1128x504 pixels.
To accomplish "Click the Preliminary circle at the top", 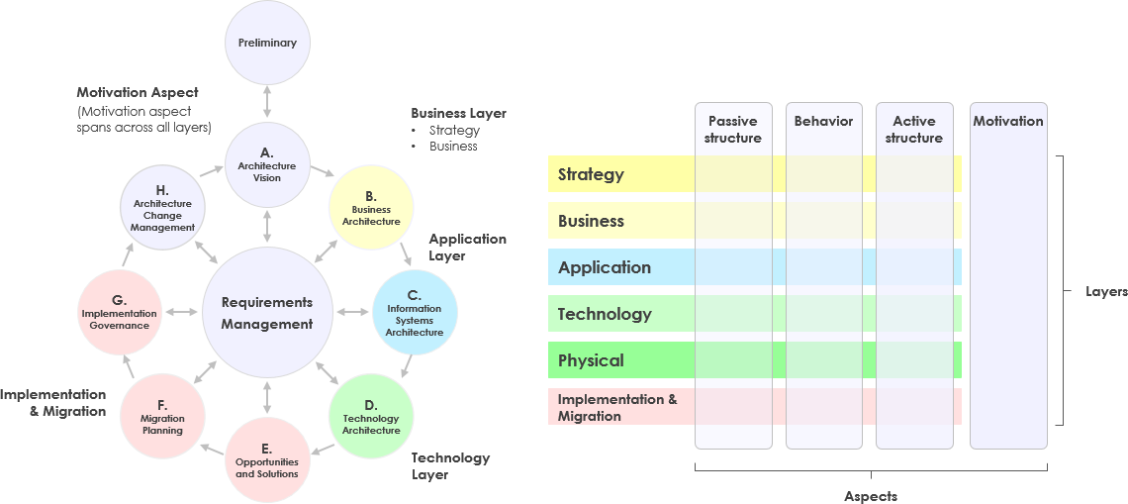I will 267,43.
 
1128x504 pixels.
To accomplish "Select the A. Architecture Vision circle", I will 267,164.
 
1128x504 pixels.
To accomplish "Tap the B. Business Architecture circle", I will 370,207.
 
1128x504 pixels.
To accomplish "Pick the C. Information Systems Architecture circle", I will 415,313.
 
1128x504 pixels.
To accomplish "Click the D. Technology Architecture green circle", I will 371,416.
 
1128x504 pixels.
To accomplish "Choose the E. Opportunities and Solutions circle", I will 267,459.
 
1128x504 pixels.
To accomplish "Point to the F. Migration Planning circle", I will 162,416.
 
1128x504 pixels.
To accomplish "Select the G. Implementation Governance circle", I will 118,313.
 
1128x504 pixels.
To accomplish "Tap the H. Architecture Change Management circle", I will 162,207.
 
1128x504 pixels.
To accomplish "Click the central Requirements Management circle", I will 267,313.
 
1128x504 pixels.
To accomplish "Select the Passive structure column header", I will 733,130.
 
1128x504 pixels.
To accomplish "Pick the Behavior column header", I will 823,122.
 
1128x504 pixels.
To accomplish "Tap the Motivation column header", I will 1008,122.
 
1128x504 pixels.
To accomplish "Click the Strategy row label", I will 591,174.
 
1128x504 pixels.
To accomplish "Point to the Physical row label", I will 591,360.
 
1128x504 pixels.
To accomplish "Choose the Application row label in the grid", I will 604,267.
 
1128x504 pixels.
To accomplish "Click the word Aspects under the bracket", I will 871,496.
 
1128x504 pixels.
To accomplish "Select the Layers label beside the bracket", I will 1106,292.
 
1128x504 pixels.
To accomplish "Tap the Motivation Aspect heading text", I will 138,92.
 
